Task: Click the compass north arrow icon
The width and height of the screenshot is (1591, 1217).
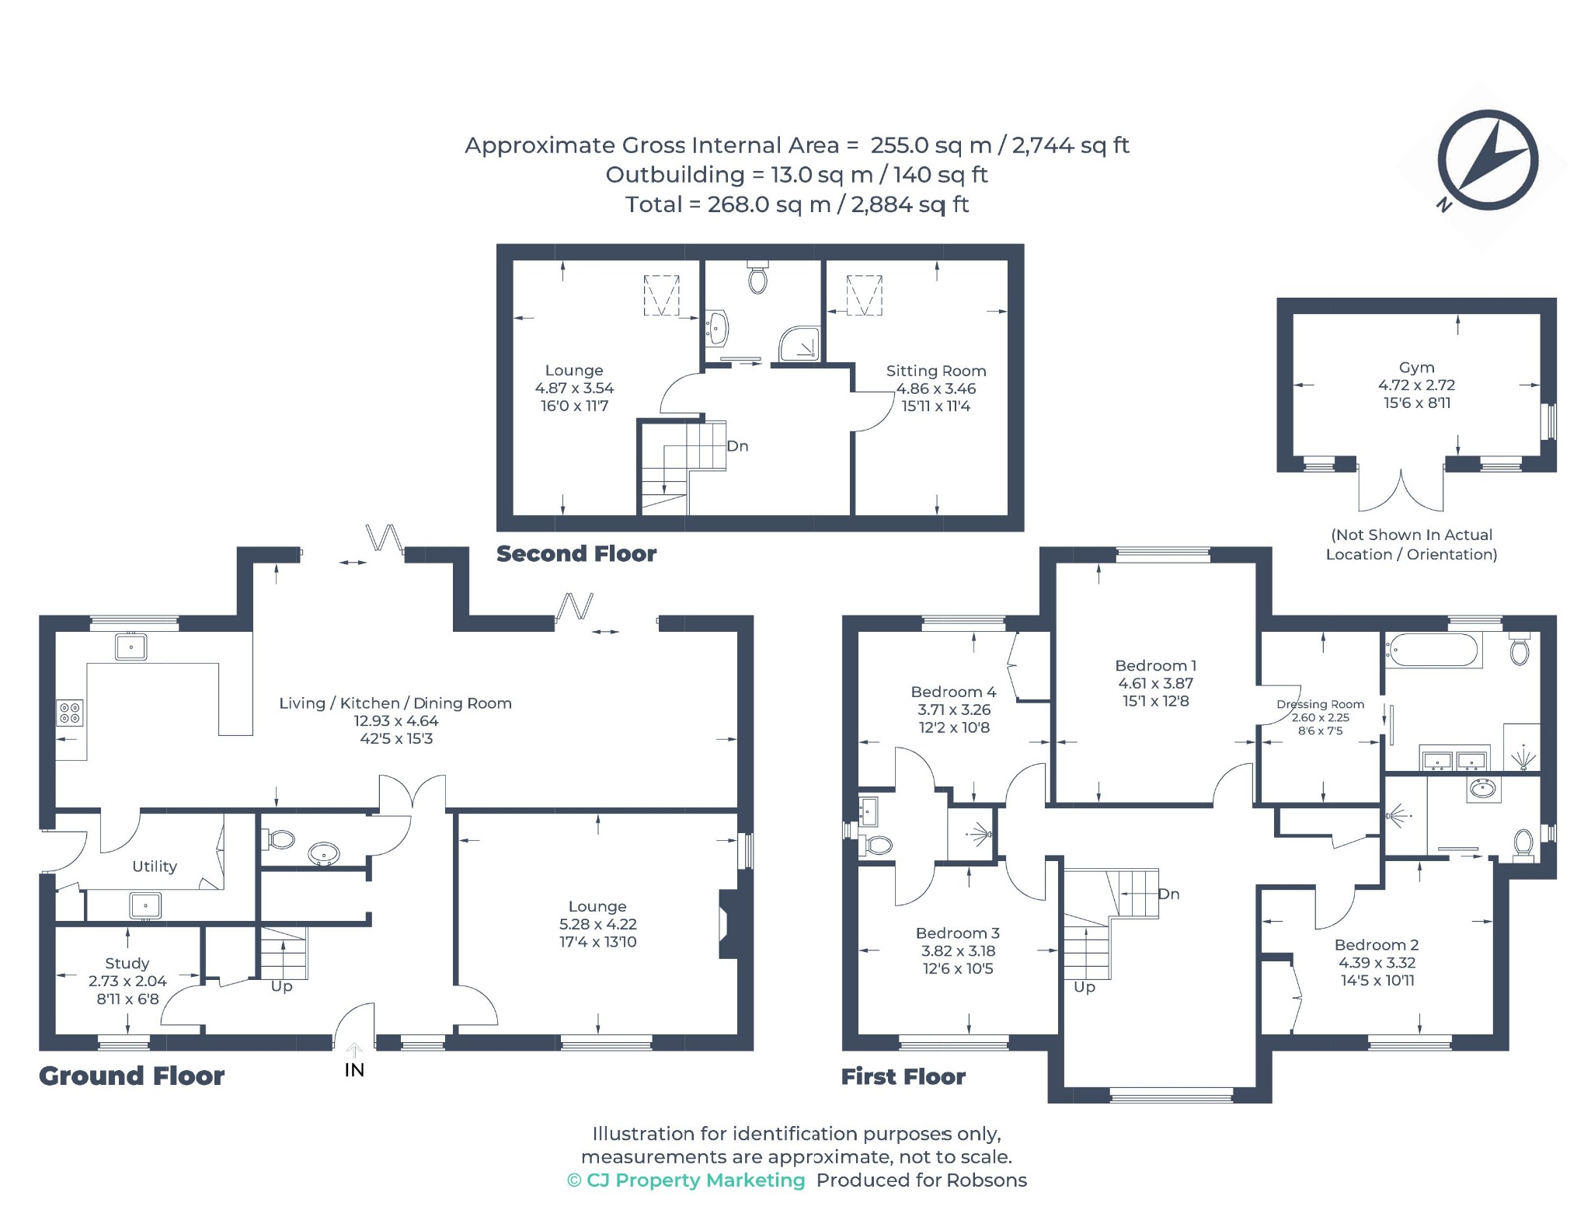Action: (x=1487, y=161)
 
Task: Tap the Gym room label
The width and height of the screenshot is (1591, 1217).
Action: (x=1416, y=368)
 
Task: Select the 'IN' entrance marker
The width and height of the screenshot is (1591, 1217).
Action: (x=354, y=1070)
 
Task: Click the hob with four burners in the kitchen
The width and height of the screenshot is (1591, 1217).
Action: (x=70, y=713)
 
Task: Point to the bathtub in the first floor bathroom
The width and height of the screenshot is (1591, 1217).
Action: (x=1433, y=650)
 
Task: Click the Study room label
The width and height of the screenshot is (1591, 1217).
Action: (x=127, y=963)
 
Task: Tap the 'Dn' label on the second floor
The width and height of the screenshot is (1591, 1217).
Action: (x=737, y=446)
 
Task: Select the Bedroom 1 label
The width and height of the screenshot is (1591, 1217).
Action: (x=1155, y=666)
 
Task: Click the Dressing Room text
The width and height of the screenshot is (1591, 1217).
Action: (x=1320, y=704)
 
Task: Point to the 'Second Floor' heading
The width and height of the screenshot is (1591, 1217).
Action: (x=576, y=553)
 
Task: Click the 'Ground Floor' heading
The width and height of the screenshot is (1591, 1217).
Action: (x=132, y=1076)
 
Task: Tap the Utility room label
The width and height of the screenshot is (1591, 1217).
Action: (x=155, y=867)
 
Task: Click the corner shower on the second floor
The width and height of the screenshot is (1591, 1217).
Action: (x=799, y=344)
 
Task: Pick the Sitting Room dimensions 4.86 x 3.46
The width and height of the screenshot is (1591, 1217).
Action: (x=936, y=389)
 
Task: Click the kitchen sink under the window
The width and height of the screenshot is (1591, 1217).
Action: (x=131, y=647)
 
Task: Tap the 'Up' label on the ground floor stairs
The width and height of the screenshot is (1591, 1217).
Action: (x=282, y=986)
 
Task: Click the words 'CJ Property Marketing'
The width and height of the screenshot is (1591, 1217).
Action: (x=695, y=1180)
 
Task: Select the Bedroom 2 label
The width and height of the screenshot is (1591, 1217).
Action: (x=1377, y=945)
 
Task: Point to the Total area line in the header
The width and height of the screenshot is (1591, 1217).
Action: (x=797, y=204)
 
